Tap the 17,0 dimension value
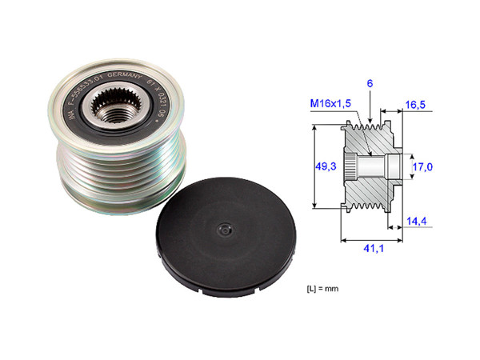click(423, 168)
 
